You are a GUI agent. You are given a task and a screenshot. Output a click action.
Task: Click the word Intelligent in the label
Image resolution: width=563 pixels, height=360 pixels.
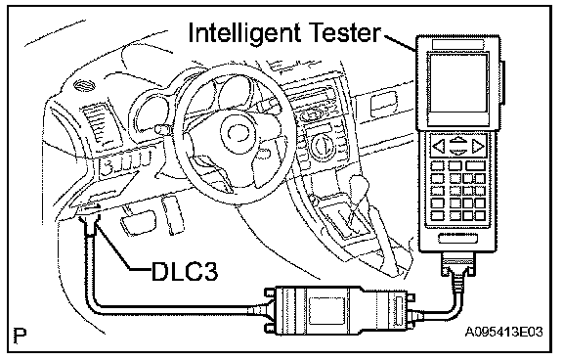(x=244, y=32)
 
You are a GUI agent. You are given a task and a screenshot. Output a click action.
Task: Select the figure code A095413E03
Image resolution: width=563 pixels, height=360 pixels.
(x=503, y=332)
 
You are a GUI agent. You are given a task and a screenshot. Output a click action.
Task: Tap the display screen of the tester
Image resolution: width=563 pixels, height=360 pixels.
(x=457, y=83)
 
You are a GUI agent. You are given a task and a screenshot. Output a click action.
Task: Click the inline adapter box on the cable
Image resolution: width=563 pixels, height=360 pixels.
(x=338, y=311)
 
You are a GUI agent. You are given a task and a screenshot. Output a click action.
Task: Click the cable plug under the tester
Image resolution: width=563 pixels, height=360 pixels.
(x=458, y=265)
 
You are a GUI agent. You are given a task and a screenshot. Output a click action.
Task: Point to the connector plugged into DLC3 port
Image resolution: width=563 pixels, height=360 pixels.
(x=90, y=223)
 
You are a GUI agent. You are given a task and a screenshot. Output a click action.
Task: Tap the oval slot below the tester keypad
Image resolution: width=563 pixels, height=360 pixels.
(x=458, y=238)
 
